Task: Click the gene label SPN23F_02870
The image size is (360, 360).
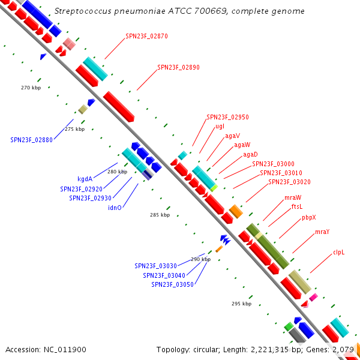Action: point(147,36)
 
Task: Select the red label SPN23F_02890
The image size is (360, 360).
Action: point(178,67)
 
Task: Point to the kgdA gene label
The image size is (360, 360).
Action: point(85,179)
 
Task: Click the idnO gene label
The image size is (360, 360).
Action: point(115,208)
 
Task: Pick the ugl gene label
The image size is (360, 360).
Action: point(220,126)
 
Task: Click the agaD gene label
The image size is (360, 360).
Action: point(250,154)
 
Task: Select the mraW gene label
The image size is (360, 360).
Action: point(293,197)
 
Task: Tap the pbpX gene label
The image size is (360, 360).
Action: point(309,217)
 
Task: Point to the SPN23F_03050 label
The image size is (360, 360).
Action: point(172,284)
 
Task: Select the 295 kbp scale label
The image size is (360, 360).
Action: point(241,304)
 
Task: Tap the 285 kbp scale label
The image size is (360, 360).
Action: point(160,215)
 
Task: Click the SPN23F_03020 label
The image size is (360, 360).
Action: point(289,182)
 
